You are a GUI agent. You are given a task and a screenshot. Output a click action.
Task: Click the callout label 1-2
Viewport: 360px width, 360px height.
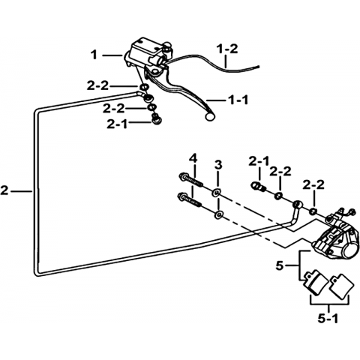pyautogui.click(x=227, y=49)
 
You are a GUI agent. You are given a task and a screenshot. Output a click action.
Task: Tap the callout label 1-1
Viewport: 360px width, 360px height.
pyautogui.click(x=238, y=100)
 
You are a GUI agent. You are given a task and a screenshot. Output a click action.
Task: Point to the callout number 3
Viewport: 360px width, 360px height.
pyautogui.click(x=218, y=165)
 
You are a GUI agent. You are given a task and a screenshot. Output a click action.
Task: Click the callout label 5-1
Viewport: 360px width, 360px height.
pyautogui.click(x=328, y=318)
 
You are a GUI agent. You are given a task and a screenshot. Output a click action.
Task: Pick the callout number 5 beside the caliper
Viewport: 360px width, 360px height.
pyautogui.click(x=280, y=265)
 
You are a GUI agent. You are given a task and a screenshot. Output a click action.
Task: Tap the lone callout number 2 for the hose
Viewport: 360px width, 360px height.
pyautogui.click(x=4, y=191)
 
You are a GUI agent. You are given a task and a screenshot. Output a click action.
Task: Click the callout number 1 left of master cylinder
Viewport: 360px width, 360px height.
pyautogui.click(x=94, y=55)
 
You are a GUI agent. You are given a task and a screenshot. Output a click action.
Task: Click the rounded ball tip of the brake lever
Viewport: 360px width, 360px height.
pyautogui.click(x=209, y=116)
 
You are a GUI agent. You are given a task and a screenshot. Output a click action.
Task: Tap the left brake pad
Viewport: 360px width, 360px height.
pyautogui.click(x=314, y=282)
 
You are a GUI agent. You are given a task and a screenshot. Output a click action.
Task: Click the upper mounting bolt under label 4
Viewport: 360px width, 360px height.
pyautogui.click(x=190, y=180)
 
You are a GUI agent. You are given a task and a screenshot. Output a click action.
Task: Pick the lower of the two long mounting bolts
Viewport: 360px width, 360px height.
pyautogui.click(x=189, y=199)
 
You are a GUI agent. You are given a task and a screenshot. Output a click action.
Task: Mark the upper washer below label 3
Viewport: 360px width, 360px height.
pyautogui.click(x=216, y=192)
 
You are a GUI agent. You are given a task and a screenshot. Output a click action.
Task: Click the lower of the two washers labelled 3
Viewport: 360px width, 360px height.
pyautogui.click(x=220, y=215)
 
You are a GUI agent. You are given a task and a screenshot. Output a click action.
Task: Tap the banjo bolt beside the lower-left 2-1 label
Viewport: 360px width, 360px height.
pyautogui.click(x=156, y=118)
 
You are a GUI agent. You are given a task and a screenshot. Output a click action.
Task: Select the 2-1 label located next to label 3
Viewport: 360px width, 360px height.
pyautogui.click(x=259, y=161)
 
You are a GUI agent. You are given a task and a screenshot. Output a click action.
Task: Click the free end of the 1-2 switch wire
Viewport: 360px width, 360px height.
pyautogui.click(x=259, y=67)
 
